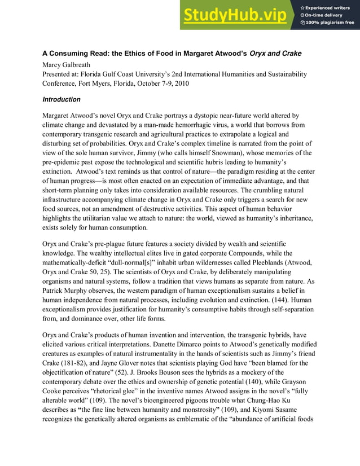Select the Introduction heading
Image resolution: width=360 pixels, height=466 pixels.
pos(62,100)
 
